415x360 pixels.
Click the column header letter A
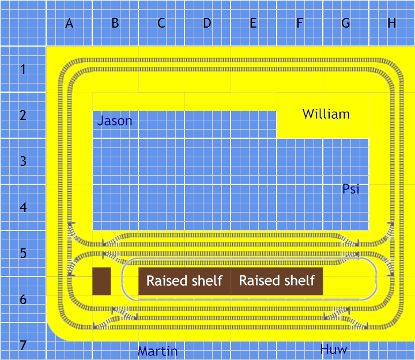tap(69, 24)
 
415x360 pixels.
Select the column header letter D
tap(207, 24)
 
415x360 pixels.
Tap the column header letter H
tap(392, 24)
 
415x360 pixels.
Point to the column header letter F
tap(300, 24)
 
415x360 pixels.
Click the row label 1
tap(23, 70)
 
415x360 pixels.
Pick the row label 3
tap(23, 161)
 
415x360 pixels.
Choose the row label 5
tap(23, 253)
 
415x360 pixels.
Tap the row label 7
tap(23, 346)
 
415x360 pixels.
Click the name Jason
tap(115, 121)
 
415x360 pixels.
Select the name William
tap(326, 114)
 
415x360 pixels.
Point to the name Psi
tap(351, 189)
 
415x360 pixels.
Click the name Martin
tap(157, 351)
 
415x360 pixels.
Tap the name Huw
tap(334, 349)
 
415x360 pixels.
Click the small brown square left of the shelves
tap(101, 281)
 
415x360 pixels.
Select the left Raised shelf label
tap(184, 281)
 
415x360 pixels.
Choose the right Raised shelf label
tap(277, 281)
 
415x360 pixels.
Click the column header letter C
tap(161, 24)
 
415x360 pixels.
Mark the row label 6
tap(23, 300)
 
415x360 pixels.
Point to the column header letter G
tap(346, 24)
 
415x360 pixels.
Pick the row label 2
tap(23, 115)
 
